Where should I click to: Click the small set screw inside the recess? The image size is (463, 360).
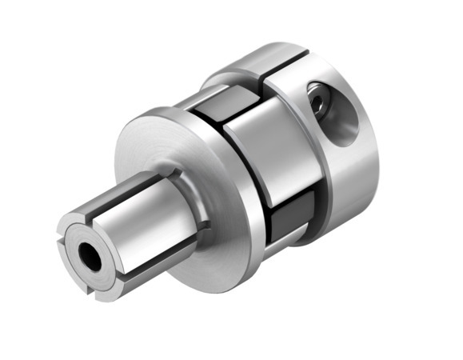pos(320,102)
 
